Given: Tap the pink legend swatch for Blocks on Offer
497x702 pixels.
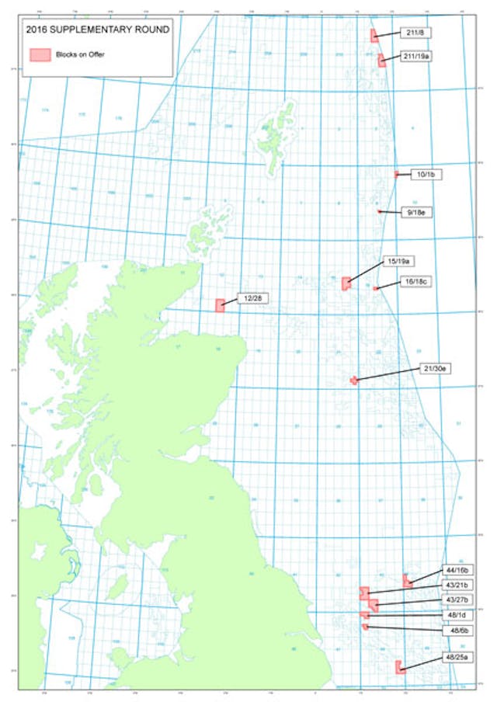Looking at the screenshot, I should point(40,54).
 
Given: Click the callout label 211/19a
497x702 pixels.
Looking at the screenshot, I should point(418,56).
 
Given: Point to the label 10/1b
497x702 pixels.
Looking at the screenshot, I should point(428,175).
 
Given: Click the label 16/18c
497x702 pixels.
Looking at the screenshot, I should point(412,281).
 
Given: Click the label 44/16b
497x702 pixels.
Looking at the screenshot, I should point(457,570).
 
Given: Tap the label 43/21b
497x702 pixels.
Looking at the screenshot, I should point(457,585).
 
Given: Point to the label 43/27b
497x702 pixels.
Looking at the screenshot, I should point(457,599).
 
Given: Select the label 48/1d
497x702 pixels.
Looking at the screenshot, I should point(457,615).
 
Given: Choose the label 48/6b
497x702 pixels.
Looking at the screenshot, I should point(457,631).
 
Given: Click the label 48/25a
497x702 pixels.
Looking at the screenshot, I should point(457,658).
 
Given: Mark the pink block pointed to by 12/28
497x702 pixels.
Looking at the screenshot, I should point(220,305).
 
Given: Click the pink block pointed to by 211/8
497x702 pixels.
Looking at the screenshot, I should point(374,36).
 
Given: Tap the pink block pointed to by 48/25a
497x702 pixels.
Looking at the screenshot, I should point(398,666).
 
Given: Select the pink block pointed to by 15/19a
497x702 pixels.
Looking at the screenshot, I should point(346,283).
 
